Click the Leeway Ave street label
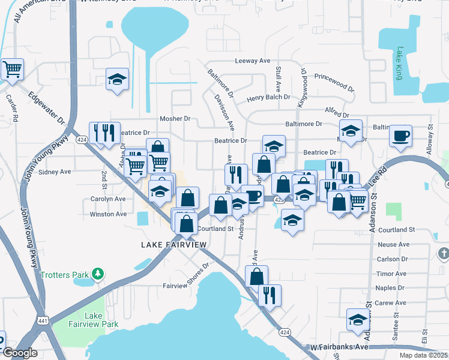[253, 61]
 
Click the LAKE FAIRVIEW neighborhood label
[174, 245]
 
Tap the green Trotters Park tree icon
[98, 275]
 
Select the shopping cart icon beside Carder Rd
[12, 70]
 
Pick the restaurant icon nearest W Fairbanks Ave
[270, 295]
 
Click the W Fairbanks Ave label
[340, 347]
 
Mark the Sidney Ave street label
[55, 172]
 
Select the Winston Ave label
[108, 214]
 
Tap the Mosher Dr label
[175, 119]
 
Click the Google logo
[19, 353]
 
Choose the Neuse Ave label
[394, 244]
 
